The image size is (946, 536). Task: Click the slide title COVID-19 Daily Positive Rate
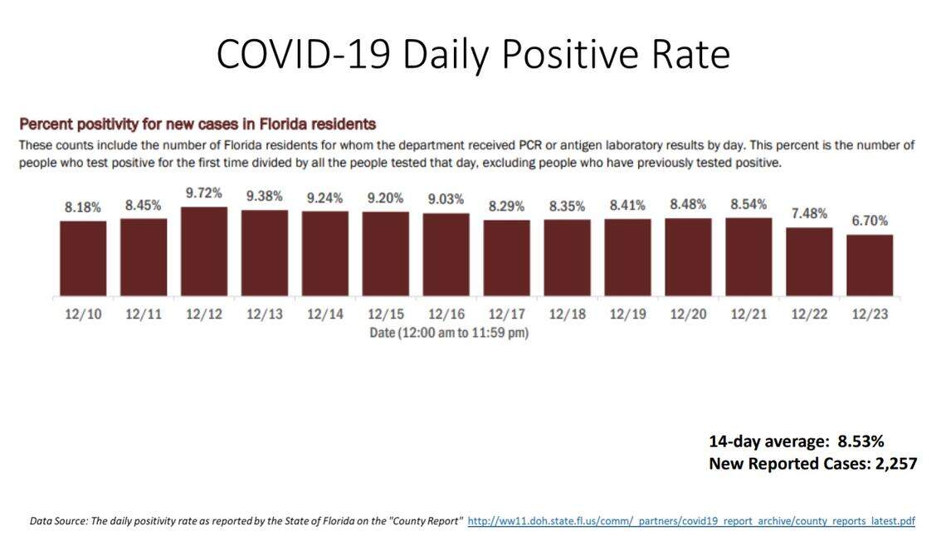[473, 54]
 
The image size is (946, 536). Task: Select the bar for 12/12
[204, 251]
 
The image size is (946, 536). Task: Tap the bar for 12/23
[870, 265]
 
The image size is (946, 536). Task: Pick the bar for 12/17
[506, 257]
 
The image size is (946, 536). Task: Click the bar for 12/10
[83, 258]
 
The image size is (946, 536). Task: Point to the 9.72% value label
[204, 193]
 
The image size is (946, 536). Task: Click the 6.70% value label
[870, 221]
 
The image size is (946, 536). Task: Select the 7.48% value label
[809, 213]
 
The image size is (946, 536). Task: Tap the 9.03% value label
[446, 200]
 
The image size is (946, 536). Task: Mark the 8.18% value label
[83, 207]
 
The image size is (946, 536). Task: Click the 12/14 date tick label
[324, 314]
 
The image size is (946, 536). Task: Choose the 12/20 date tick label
[688, 314]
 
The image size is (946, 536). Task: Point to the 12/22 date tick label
[809, 314]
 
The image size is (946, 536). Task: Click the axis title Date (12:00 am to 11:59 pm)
[449, 332]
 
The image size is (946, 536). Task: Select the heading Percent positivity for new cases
[197, 124]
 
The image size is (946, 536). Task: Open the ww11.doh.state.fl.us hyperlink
[691, 521]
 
